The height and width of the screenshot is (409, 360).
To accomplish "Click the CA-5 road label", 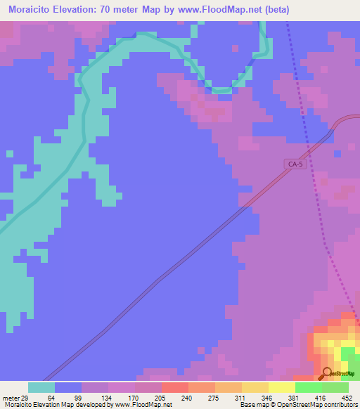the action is tap(295, 164).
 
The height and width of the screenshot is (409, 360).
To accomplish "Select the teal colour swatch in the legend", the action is tap(41, 387).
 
